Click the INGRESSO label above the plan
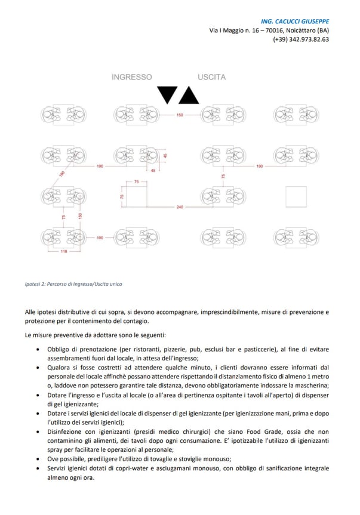tap(132, 77)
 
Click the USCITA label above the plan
tap(212, 77)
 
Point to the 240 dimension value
tap(179, 207)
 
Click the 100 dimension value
tap(100, 238)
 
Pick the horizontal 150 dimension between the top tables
tap(179, 115)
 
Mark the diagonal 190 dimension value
tap(61, 174)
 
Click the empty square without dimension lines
tap(296, 196)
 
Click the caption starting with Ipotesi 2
tap(73, 283)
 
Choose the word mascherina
tap(307, 386)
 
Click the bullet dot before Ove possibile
tap(39, 459)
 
